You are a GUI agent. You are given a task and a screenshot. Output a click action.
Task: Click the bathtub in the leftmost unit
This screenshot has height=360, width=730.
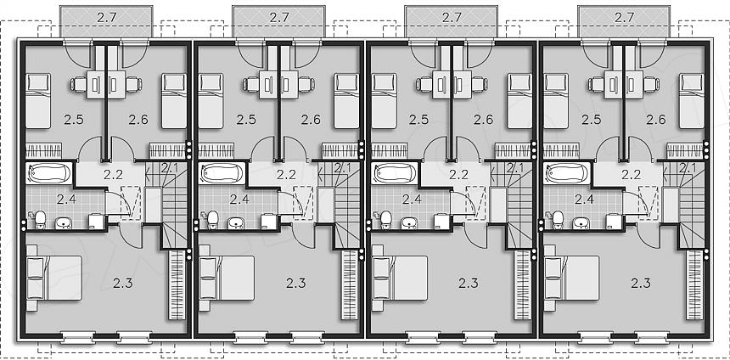[x=49, y=172]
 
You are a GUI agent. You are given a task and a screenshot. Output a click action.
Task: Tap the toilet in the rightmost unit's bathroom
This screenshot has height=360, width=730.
[x=558, y=219]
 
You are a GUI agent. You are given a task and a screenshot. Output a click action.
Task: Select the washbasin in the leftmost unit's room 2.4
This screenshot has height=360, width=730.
[x=63, y=223]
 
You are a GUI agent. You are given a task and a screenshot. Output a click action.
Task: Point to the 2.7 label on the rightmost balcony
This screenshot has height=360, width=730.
[x=624, y=17]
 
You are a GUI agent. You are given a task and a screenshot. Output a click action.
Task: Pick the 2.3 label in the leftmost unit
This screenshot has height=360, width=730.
[x=123, y=283]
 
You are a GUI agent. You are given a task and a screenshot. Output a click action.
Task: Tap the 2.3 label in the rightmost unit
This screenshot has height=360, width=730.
[x=641, y=283]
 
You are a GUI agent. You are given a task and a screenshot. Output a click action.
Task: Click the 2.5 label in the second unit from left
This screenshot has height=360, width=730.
[x=246, y=120]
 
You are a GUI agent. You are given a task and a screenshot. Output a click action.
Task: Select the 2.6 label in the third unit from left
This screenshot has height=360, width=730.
[x=483, y=120]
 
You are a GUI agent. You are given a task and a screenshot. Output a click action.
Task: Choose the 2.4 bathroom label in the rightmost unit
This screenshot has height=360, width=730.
[x=584, y=200]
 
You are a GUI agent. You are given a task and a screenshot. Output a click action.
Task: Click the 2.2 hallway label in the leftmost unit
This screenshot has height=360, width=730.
[x=113, y=175]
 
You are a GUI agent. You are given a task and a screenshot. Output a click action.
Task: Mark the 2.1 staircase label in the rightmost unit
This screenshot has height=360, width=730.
[x=688, y=166]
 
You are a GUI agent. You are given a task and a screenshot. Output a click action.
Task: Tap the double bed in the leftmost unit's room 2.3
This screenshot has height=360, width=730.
[x=54, y=278]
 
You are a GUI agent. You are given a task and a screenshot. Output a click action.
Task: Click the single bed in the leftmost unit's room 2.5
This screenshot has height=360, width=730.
[x=37, y=100]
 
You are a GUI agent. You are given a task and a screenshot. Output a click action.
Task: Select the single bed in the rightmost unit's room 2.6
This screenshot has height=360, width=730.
[x=691, y=100]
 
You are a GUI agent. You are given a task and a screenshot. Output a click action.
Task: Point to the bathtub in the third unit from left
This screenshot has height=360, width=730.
[x=395, y=172]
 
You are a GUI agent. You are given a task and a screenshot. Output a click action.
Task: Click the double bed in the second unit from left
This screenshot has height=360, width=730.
[x=227, y=278]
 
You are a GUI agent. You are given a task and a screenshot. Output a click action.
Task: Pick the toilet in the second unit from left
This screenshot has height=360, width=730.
[x=213, y=219]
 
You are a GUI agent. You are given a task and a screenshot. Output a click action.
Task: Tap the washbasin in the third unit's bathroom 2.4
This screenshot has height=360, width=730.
[x=408, y=223]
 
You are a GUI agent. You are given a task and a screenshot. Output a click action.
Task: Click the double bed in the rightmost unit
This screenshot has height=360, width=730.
[x=572, y=278]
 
